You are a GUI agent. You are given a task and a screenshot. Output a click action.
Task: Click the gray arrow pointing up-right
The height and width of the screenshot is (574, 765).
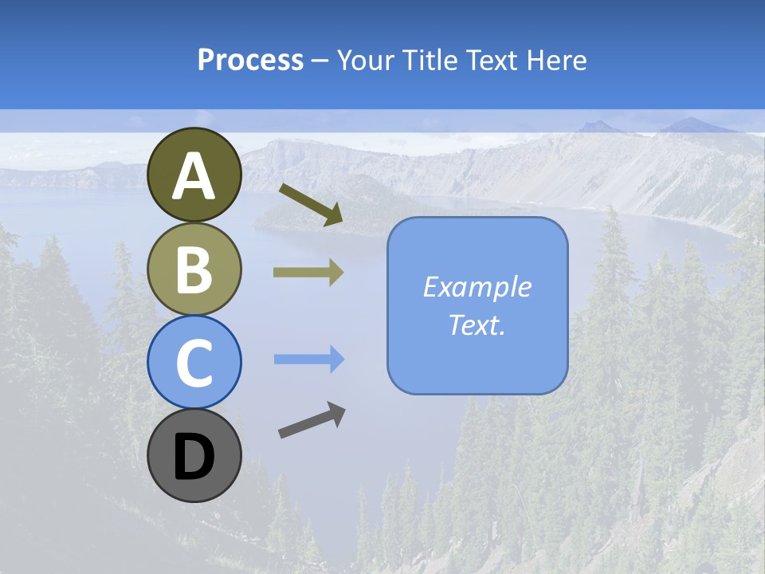(312, 420)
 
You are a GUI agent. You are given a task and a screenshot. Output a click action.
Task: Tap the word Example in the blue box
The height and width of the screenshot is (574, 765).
(477, 287)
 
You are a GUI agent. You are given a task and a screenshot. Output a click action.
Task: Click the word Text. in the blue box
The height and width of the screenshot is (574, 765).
(477, 324)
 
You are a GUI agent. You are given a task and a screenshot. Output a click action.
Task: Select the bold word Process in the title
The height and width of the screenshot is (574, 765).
(250, 60)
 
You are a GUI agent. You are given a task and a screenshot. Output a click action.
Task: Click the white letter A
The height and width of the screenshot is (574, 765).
(194, 175)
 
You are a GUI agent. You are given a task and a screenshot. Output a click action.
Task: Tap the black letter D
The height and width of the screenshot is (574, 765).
(194, 458)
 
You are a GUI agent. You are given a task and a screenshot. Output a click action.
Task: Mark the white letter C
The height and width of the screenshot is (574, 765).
(194, 364)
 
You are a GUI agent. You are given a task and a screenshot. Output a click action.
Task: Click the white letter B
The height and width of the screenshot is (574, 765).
(194, 269)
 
